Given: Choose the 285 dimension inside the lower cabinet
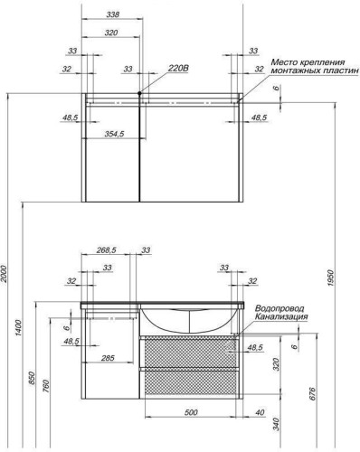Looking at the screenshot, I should tap(108, 358).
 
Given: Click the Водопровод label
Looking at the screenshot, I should tap(279, 307).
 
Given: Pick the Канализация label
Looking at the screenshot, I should tap(281, 317).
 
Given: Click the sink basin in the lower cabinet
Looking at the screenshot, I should tap(189, 321).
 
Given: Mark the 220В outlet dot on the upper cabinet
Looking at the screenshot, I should tap(139, 92).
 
